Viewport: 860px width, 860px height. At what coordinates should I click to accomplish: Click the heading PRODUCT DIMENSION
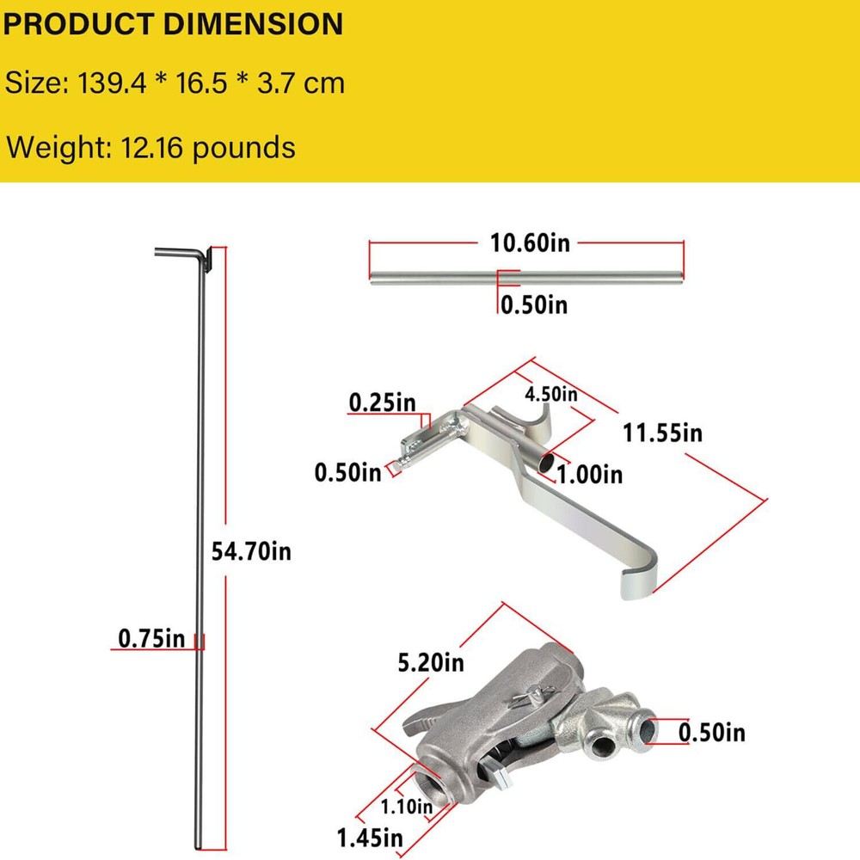coord(173,23)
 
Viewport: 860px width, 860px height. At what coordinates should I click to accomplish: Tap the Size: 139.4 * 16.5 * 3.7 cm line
coord(175,83)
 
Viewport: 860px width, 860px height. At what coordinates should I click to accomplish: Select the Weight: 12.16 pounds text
coord(150,147)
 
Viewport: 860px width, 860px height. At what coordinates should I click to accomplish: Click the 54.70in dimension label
coord(251,551)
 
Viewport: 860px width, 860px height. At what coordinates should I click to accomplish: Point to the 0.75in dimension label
coord(151,639)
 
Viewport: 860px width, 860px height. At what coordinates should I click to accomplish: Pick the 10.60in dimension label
coord(530,243)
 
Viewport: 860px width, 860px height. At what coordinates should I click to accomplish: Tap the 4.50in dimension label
coord(551,394)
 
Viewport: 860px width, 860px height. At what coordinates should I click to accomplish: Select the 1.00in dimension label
coord(589,473)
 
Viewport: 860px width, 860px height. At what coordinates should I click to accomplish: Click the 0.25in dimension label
coord(382,402)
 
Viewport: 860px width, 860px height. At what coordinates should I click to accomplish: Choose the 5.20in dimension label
coord(431,663)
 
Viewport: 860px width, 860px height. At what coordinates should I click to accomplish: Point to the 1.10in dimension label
coord(408,806)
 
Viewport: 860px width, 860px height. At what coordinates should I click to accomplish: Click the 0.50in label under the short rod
coord(534,304)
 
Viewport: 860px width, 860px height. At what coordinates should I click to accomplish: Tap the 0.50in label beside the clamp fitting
coord(712,732)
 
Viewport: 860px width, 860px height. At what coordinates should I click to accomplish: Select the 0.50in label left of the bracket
coord(347,471)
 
